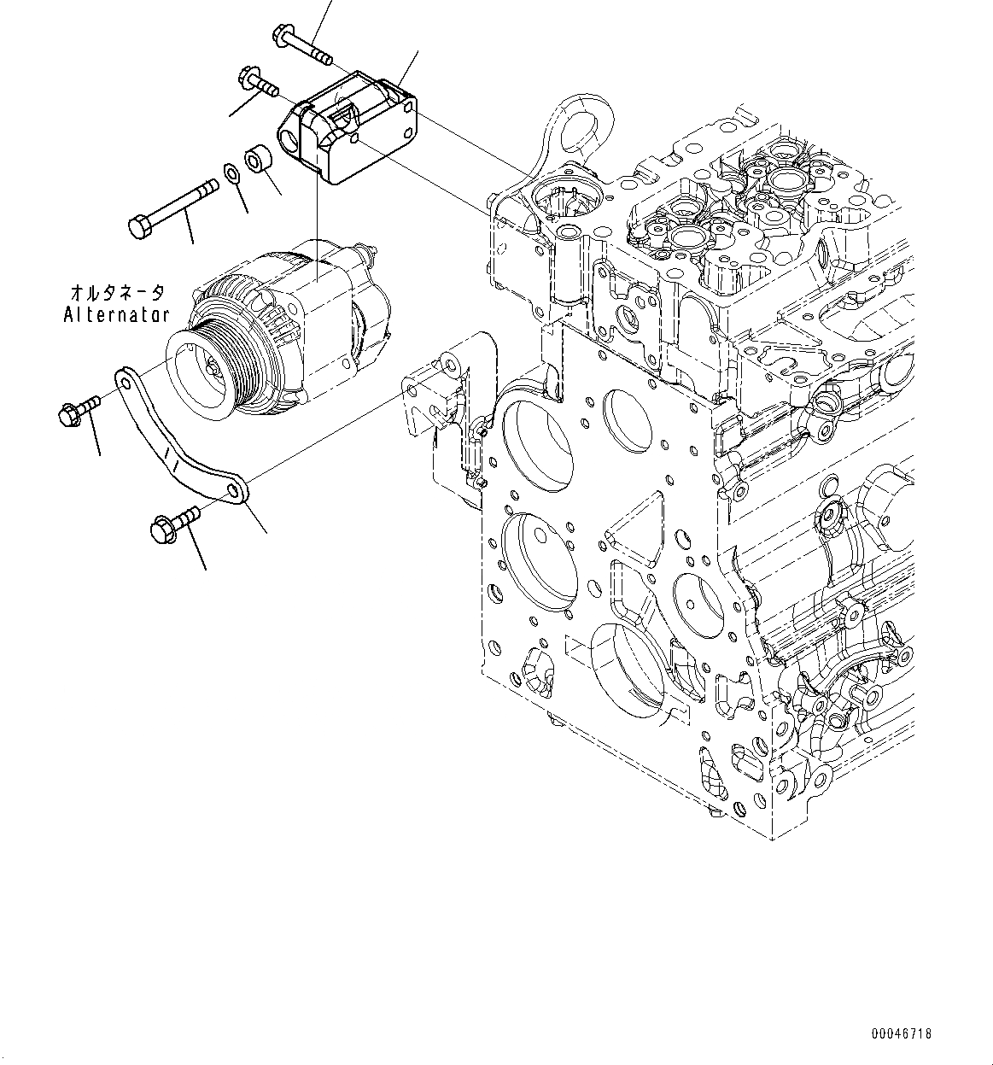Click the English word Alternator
pyautogui.click(x=116, y=314)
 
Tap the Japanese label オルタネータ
pyautogui.click(x=116, y=293)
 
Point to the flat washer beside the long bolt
pyautogui.click(x=231, y=174)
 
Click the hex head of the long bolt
pyautogui.click(x=138, y=227)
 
